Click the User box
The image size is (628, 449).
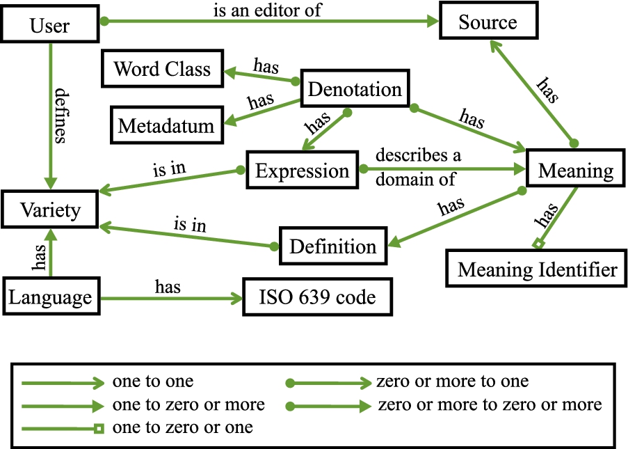pos(50,26)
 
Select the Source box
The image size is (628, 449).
pos(488,22)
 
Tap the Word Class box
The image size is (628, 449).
pos(162,69)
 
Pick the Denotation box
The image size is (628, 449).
pos(355,89)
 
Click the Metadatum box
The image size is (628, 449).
pos(166,126)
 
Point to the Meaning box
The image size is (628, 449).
pos(576,171)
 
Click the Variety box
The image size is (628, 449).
pos(50,210)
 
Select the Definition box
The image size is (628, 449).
pos(332,246)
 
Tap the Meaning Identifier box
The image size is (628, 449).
pos(537,269)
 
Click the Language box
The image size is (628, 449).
pos(50,297)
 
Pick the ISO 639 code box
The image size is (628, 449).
pos(317,297)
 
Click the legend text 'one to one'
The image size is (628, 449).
pos(152,381)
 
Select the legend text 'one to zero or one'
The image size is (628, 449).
pos(182,427)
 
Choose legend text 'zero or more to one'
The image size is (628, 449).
pos(452,381)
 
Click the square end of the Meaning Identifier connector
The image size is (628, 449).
pos(536,244)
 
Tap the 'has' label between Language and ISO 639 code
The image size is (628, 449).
pos(168,287)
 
